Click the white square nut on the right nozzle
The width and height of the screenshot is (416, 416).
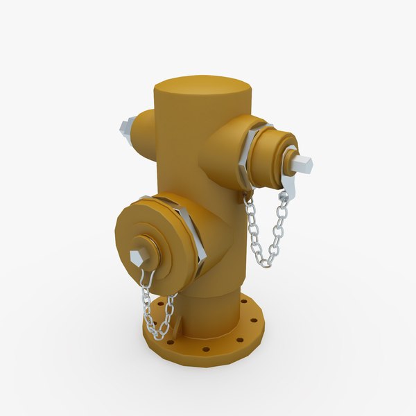click(302, 164)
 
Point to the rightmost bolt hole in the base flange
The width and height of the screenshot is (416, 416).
click(253, 321)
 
